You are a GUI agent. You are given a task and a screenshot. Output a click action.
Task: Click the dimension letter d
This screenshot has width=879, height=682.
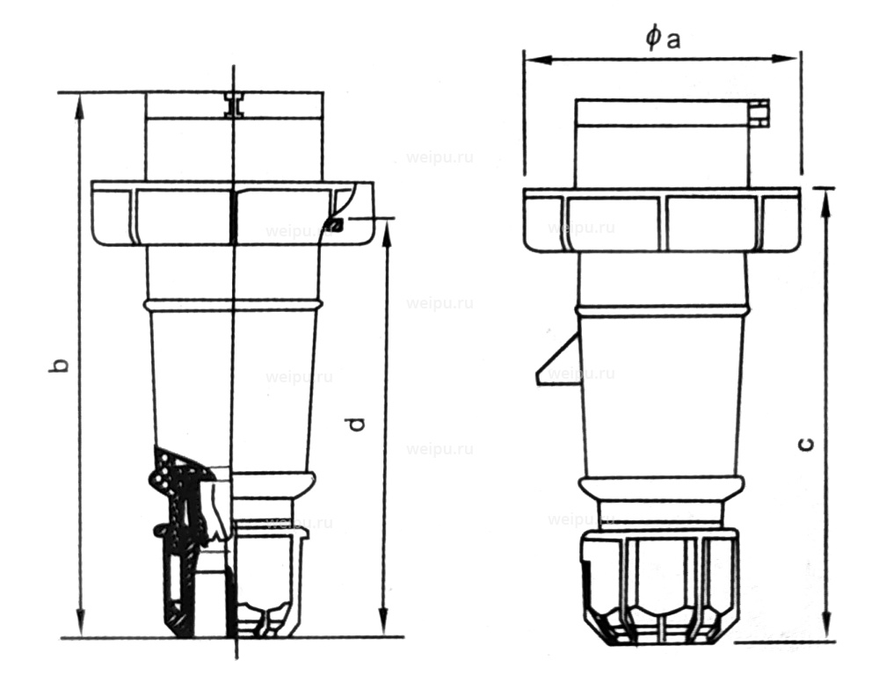pos(356,423)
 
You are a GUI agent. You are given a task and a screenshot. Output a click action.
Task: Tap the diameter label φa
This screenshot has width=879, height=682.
pos(662,38)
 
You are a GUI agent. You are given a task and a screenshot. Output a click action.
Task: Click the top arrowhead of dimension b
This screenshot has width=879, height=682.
pos(81,100)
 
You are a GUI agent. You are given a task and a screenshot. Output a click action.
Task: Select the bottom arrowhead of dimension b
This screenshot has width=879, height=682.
pos(81,629)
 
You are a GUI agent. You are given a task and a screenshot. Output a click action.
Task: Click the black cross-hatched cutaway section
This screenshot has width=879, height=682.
pos(189,536)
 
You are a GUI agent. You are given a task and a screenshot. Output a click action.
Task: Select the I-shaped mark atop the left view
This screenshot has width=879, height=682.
pos(235,105)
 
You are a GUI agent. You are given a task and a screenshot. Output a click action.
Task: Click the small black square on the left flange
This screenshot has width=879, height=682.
pos(334,226)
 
